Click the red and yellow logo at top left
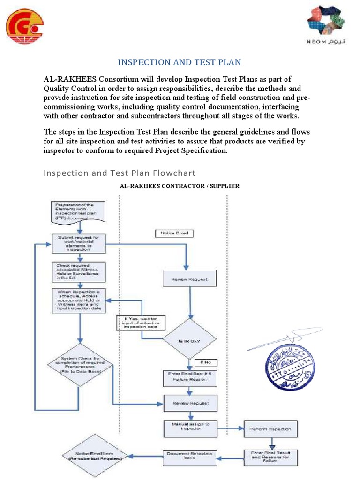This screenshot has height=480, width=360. tap(24, 26)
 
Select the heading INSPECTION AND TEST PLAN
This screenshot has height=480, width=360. tap(179, 62)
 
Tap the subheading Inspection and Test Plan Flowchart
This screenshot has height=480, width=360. tap(120, 172)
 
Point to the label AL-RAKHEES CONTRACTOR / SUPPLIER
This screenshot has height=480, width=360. tap(180, 186)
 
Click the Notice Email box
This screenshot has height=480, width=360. tap(173, 233)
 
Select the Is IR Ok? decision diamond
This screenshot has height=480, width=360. tap(189, 341)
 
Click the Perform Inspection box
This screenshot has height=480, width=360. tap(270, 428)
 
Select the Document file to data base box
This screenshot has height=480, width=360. tap(189, 456)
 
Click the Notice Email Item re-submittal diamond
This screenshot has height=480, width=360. tap(95, 456)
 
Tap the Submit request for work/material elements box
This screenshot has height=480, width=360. tap(78, 244)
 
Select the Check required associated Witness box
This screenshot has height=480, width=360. tap(78, 272)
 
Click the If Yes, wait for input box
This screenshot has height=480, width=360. tap(140, 323)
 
